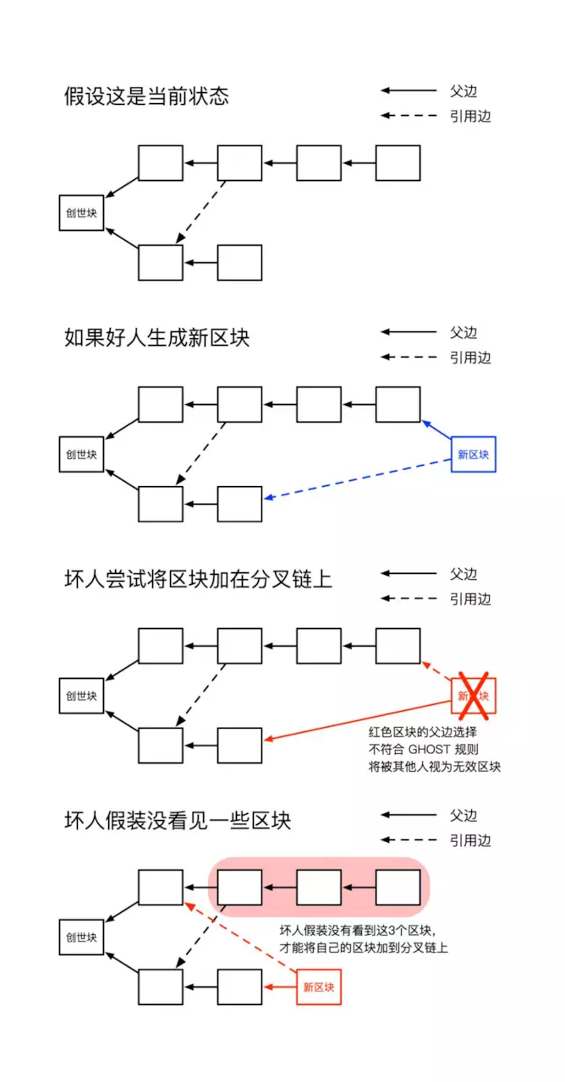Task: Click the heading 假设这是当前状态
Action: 146,96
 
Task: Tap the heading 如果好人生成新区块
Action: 157,337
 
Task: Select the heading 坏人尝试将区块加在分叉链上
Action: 198,579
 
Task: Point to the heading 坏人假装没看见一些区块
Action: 178,820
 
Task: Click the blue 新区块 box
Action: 473,455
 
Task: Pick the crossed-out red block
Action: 473,696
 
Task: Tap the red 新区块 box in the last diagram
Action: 319,987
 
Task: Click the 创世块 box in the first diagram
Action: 81,213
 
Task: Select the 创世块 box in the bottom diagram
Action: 81,937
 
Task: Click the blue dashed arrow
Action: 358,478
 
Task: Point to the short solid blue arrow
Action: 436,429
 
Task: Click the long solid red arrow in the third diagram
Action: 358,720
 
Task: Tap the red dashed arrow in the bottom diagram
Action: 241,937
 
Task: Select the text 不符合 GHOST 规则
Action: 424,749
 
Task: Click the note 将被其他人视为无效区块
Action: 435,767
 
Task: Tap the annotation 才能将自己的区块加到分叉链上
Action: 364,948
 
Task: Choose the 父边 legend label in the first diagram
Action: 463,90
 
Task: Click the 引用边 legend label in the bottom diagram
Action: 470,840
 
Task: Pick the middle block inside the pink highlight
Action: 319,888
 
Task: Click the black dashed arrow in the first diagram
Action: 200,212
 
